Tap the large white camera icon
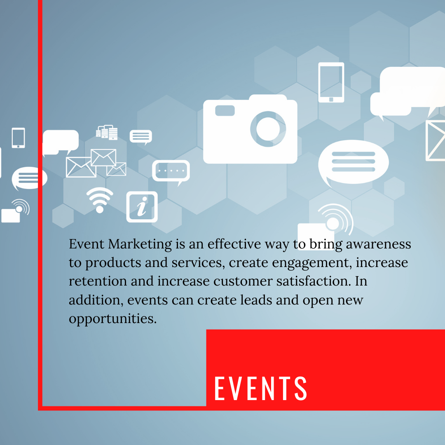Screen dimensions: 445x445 coord(250,129)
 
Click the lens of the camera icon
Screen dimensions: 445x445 coord(268,129)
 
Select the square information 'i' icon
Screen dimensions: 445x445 coord(142,206)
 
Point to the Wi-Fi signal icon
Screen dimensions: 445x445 coord(100,200)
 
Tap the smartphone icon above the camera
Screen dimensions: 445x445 coord(331,82)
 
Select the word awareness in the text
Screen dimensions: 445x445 coord(378,244)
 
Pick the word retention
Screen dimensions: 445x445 coord(98,281)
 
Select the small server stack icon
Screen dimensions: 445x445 coord(107,133)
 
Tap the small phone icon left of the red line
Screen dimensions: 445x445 coord(18,138)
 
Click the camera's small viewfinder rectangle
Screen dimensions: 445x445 coord(225,110)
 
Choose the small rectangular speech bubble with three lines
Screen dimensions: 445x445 coord(141,137)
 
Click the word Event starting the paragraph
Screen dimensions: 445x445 coord(87,244)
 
